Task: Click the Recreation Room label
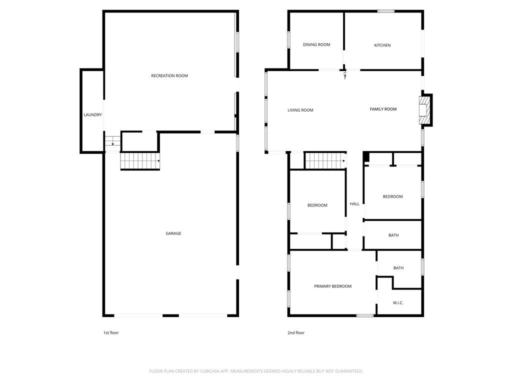coord(169,76)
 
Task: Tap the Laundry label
coord(92,115)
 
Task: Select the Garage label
coord(173,233)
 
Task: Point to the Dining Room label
coord(316,45)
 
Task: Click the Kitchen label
coord(382,45)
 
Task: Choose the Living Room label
coord(300,110)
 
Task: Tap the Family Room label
coord(383,109)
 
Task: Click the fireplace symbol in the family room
coord(424,110)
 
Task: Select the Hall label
coord(354,204)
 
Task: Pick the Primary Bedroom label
coord(332,286)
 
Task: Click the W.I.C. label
coord(398,303)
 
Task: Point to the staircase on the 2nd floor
coord(325,161)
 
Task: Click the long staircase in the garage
coord(140,161)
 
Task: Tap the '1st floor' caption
coord(110,333)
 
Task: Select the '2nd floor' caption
coord(296,333)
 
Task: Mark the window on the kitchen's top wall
coord(385,11)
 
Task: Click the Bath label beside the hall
coord(393,235)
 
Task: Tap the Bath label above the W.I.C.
coord(398,268)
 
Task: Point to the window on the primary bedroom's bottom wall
coord(365,315)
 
